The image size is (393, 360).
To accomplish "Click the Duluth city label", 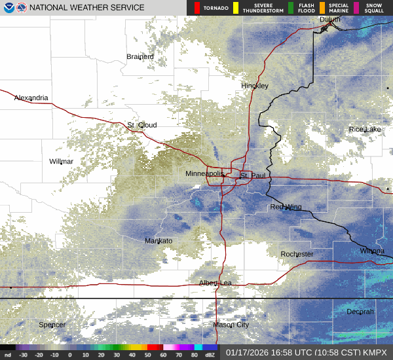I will (x=329, y=20).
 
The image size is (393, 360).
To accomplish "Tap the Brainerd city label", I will (x=140, y=57).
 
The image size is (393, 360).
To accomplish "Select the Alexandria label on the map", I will (x=31, y=98).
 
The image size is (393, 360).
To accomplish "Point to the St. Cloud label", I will (x=142, y=125).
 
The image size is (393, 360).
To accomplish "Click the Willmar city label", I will (x=61, y=161).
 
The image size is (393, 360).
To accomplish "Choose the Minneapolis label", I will (x=204, y=173).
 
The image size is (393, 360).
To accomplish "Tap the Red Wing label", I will (x=286, y=207).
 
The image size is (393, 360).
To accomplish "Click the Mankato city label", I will (x=158, y=241).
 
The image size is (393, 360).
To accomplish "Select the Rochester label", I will (x=297, y=254).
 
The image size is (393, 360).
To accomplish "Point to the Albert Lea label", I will (x=215, y=283).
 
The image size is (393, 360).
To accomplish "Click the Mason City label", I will (x=231, y=325).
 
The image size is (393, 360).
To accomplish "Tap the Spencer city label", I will (x=52, y=325).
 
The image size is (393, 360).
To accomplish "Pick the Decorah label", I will (x=360, y=312).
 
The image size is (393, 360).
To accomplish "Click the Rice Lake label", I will (x=365, y=130).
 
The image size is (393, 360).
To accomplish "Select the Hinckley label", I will (x=255, y=86).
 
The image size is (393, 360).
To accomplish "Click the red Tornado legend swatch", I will (x=196, y=8).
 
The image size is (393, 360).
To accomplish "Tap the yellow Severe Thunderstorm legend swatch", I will (x=236, y=8).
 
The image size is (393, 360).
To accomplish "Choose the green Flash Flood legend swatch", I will (x=291, y=8).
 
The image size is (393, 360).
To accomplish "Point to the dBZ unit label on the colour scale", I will (x=210, y=355).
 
